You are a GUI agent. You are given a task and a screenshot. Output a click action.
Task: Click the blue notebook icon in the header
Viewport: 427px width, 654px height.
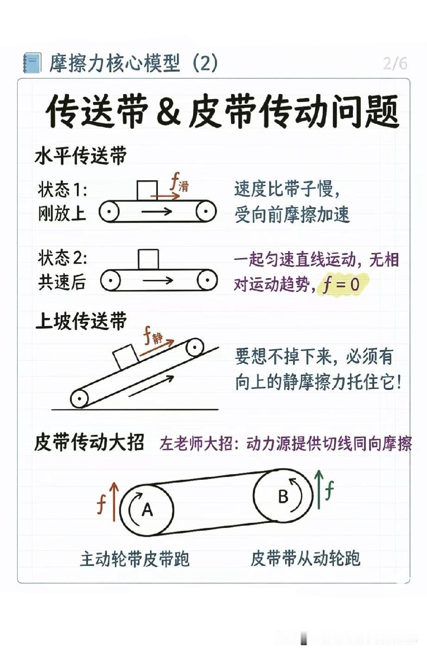click(x=32, y=63)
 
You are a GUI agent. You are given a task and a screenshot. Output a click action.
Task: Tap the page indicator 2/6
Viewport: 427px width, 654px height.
click(x=395, y=63)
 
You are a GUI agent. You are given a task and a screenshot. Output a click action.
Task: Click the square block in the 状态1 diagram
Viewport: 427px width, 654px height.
click(x=147, y=190)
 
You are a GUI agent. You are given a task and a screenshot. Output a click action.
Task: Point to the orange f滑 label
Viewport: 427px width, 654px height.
click(x=180, y=183)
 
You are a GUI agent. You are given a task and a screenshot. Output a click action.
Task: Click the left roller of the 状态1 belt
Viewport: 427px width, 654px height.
click(x=109, y=211)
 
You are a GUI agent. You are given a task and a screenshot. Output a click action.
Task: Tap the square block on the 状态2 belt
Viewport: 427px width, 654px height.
click(x=149, y=259)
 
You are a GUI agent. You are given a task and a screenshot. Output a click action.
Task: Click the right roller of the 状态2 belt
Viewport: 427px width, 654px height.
click(x=207, y=279)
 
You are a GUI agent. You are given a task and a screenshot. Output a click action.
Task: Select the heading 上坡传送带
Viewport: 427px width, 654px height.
click(x=81, y=321)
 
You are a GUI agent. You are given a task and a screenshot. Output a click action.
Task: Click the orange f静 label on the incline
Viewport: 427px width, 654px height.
click(x=153, y=336)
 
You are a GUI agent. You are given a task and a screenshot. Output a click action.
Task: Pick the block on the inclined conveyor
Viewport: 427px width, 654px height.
click(x=126, y=357)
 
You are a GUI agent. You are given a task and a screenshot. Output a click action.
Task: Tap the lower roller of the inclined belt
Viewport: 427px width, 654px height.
click(x=79, y=399)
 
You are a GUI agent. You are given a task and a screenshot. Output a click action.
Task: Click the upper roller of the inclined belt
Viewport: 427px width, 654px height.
click(x=195, y=347)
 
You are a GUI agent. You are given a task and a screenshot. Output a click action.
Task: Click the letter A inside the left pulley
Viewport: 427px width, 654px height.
click(x=147, y=509)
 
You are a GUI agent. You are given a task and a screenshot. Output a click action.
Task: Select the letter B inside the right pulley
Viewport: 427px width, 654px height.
click(x=283, y=496)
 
